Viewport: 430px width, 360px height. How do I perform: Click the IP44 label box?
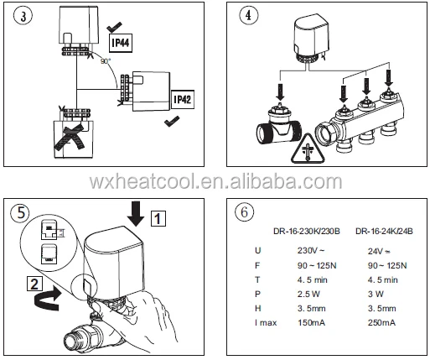click(x=121, y=43)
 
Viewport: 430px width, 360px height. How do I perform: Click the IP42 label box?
click(x=183, y=99)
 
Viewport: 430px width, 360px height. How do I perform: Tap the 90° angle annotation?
click(x=106, y=61)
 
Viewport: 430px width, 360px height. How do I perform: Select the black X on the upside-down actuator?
click(x=70, y=137)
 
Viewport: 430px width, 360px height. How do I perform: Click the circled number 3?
click(x=23, y=16)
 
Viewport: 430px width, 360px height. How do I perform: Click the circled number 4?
click(x=248, y=15)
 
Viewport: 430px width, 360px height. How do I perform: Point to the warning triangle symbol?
click(x=308, y=149)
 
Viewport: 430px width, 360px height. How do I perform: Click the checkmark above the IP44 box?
click(x=114, y=27)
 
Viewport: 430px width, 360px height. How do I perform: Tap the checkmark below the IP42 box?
click(x=172, y=122)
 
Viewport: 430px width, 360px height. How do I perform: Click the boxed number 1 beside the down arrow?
click(x=158, y=218)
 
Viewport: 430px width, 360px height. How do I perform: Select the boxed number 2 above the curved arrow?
click(x=34, y=284)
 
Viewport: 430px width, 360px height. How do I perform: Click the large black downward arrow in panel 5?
click(x=136, y=214)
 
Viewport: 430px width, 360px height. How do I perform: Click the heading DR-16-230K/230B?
click(x=307, y=232)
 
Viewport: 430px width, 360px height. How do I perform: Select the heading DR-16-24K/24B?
click(x=384, y=232)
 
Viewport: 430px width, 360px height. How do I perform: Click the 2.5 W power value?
click(x=308, y=294)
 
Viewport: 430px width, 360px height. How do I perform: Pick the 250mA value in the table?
click(x=381, y=322)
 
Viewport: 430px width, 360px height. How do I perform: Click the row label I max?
click(x=266, y=323)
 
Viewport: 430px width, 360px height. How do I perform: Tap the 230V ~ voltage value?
click(x=311, y=250)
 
